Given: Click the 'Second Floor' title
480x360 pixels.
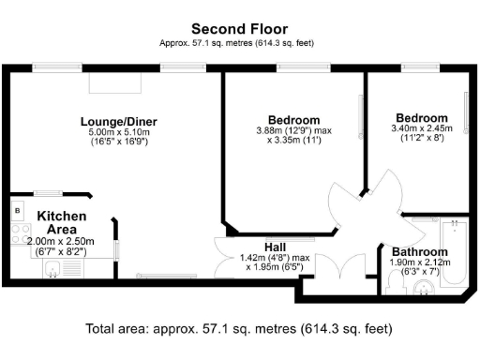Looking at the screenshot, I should [239, 28].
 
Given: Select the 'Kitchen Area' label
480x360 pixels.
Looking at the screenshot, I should [62, 222].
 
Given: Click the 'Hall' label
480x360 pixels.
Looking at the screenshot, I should [275, 246].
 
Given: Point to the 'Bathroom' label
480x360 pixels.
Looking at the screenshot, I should [419, 252].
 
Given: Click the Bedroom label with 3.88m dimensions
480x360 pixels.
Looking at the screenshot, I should [293, 120].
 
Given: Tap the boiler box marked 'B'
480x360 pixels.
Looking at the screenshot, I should [18, 212].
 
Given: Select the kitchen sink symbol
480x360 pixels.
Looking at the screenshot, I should [55, 272].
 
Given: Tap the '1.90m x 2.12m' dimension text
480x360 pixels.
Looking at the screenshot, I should [419, 263].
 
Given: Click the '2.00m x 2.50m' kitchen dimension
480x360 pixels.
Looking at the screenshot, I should [62, 241].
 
